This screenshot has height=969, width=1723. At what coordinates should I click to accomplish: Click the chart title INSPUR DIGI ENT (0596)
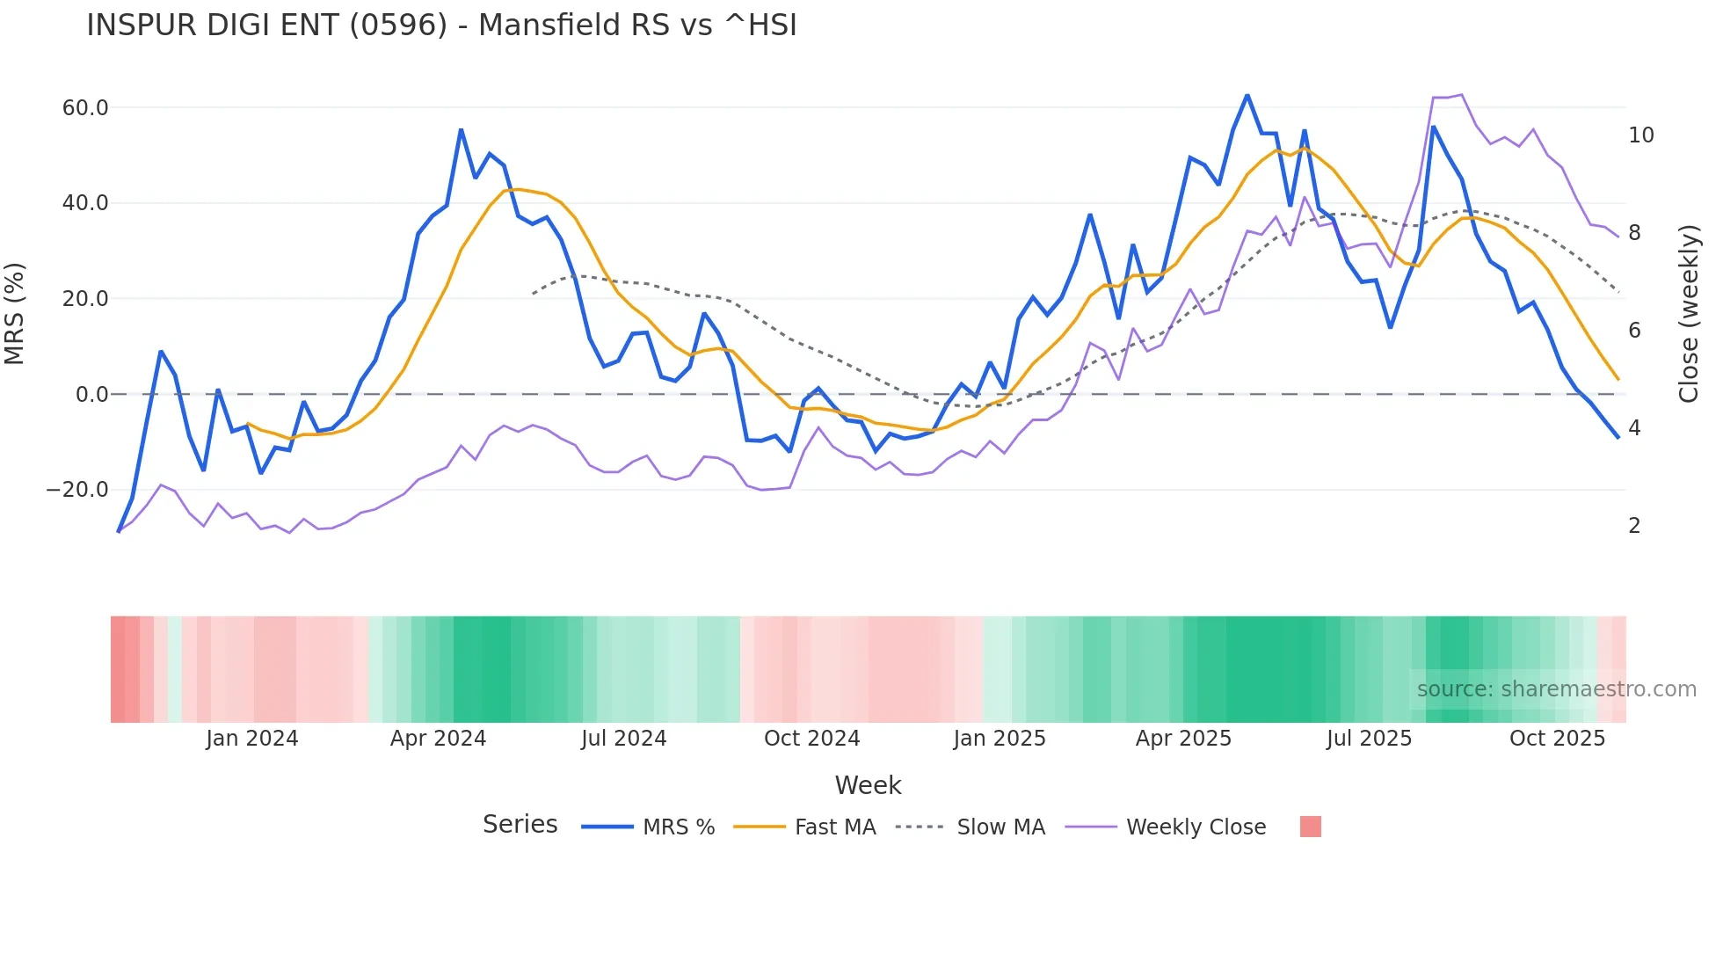[441, 25]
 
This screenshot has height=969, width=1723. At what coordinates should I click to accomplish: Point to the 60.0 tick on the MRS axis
[85, 108]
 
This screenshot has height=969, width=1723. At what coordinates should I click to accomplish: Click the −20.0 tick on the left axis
[78, 490]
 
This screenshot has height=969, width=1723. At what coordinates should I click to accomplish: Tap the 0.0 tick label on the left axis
[91, 395]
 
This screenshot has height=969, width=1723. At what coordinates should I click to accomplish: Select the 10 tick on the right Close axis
[1640, 135]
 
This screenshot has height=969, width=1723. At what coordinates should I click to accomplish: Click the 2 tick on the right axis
[1634, 526]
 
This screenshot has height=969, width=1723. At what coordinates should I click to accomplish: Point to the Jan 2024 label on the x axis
[252, 739]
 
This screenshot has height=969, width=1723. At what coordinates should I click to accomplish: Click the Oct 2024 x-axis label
[811, 739]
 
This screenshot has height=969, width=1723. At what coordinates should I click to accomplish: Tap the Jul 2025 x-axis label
[1369, 739]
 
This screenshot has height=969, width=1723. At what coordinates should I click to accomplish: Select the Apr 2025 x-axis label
[1183, 739]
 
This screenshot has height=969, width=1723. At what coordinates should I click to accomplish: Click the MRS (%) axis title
[15, 314]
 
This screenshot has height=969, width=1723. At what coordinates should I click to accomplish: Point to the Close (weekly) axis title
[1688, 314]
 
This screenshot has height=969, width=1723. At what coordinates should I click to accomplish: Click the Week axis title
[868, 785]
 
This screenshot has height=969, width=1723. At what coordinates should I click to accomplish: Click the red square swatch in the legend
[1310, 827]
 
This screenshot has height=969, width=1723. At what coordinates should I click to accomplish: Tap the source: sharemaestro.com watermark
[1556, 689]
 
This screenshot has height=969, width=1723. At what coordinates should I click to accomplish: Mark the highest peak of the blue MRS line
[1247, 96]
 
